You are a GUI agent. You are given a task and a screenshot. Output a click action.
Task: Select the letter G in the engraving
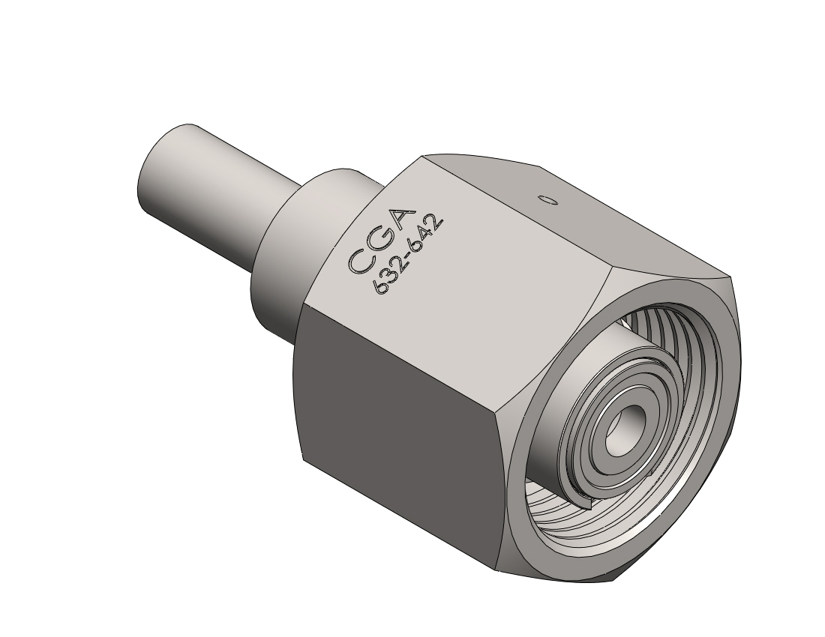tap(380, 241)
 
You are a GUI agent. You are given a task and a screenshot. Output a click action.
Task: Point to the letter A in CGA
tap(401, 221)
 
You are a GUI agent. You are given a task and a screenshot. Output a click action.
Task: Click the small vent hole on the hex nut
tap(547, 199)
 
